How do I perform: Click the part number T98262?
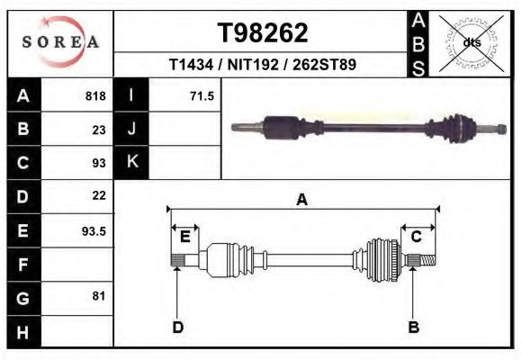pyautogui.click(x=263, y=33)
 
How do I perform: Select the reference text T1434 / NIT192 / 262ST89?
pyautogui.click(x=263, y=66)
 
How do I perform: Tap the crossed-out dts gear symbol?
pyautogui.click(x=472, y=42)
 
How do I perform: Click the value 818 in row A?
pyautogui.click(x=95, y=96)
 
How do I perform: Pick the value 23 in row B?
pyautogui.click(x=99, y=130)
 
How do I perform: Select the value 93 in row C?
pyautogui.click(x=99, y=163)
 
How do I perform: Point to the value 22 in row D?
pyautogui.click(x=99, y=195)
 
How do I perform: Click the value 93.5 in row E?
pyautogui.click(x=94, y=230)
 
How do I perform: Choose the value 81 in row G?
pyautogui.click(x=99, y=296)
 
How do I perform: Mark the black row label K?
pyautogui.click(x=131, y=163)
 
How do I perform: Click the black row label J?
pyautogui.click(x=131, y=130)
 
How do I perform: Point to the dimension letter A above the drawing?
pyautogui.click(x=301, y=200)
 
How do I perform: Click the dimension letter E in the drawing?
pyautogui.click(x=184, y=237)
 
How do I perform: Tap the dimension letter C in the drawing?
pyautogui.click(x=417, y=237)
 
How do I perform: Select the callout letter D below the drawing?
pyautogui.click(x=177, y=327)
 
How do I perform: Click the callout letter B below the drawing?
pyautogui.click(x=413, y=327)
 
